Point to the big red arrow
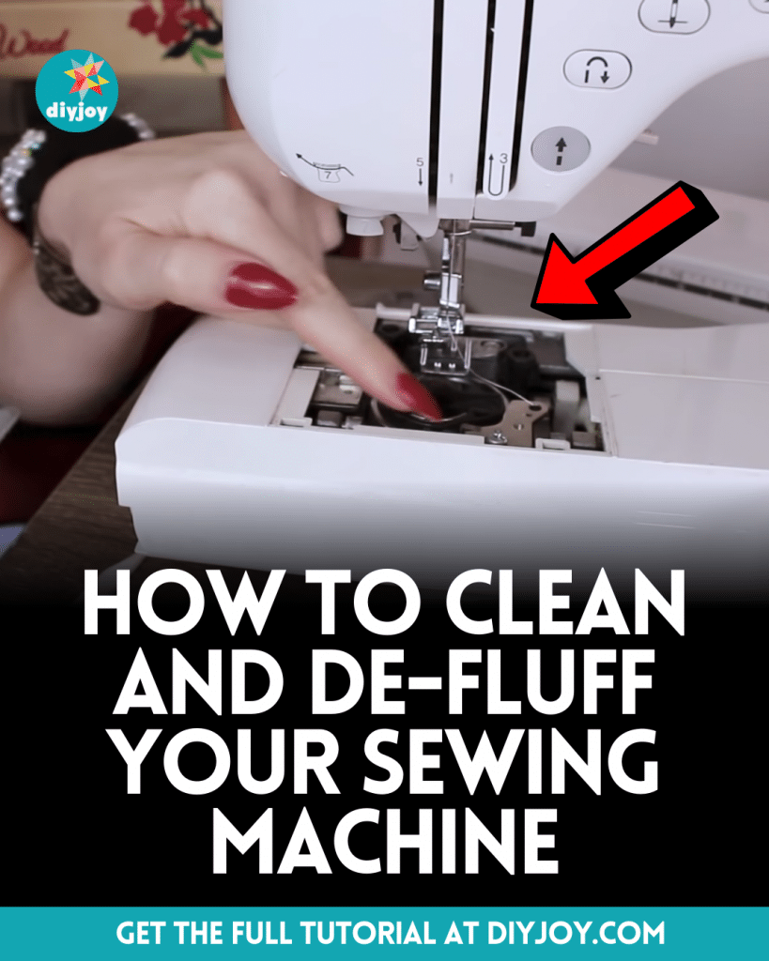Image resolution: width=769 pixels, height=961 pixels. click(621, 249)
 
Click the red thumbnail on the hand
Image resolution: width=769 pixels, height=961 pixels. click(261, 285)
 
